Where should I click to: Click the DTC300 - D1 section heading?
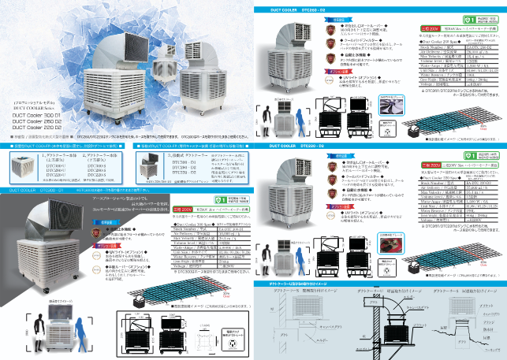tap(38, 190)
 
